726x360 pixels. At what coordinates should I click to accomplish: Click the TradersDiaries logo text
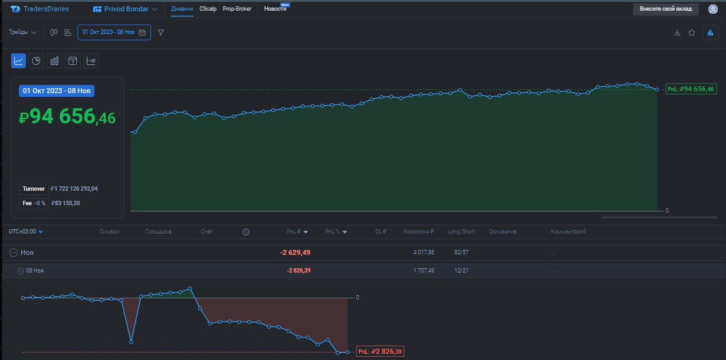[46, 9]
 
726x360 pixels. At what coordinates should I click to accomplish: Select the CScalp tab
[208, 9]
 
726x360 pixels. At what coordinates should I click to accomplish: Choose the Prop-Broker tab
[237, 9]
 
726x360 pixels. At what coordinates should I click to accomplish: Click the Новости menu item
[275, 9]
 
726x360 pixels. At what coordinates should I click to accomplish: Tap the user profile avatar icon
[713, 9]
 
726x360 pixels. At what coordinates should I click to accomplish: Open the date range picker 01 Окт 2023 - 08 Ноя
[114, 32]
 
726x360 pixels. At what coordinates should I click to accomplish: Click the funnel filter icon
[161, 32]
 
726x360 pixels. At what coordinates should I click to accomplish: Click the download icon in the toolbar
[678, 33]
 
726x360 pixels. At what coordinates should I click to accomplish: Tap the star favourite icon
[692, 33]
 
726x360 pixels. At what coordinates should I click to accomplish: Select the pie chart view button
[37, 60]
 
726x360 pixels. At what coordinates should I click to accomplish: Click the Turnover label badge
[33, 188]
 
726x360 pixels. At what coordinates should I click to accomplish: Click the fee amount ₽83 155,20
[65, 203]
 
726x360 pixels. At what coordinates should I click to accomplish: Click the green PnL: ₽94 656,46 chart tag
[691, 89]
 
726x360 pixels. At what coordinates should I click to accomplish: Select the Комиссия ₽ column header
[419, 232]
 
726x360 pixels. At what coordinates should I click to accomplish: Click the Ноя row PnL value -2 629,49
[295, 252]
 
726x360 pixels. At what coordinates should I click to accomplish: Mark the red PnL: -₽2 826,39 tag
[380, 351]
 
